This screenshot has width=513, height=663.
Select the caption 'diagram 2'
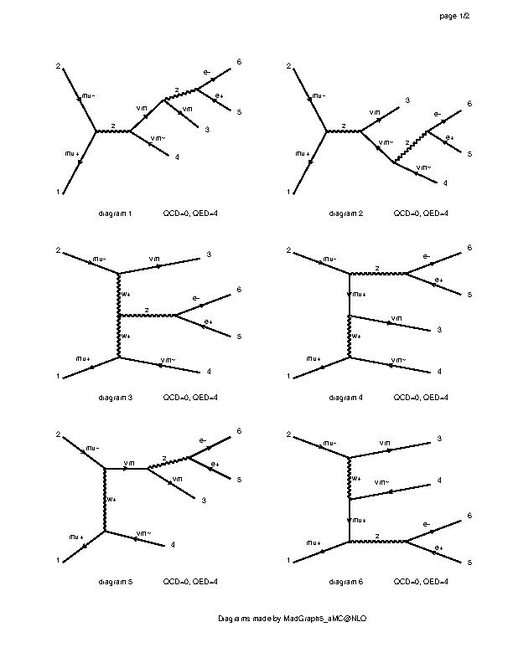click(x=346, y=214)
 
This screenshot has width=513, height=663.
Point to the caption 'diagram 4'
click(x=346, y=397)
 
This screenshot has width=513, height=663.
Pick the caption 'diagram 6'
click(x=346, y=581)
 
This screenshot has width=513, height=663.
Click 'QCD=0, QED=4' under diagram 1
click(x=190, y=214)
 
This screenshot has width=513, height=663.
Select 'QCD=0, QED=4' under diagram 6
click(x=421, y=581)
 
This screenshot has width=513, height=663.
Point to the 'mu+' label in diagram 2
click(x=303, y=154)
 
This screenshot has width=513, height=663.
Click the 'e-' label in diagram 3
click(x=196, y=298)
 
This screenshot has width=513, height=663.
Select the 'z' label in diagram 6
click(x=377, y=535)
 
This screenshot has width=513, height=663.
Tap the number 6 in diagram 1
click(x=239, y=62)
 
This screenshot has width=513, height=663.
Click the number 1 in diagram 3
click(x=58, y=377)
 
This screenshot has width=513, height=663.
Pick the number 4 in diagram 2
click(x=445, y=182)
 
